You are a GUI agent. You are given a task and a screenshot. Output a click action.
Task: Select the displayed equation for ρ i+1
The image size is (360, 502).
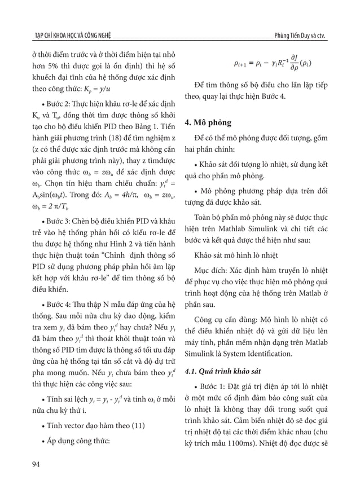273,64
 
